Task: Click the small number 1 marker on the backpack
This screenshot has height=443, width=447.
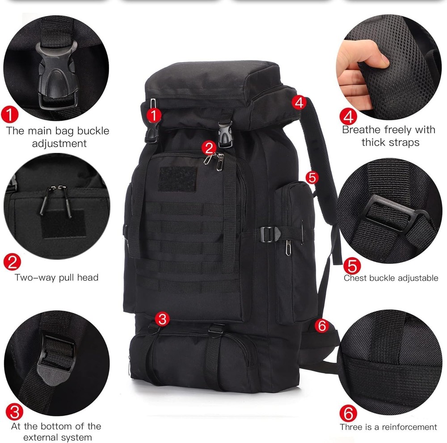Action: point(154,115)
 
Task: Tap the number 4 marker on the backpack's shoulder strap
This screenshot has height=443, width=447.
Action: point(299,102)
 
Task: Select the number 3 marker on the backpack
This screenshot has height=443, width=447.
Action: point(162,319)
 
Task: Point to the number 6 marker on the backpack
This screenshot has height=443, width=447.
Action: point(321,325)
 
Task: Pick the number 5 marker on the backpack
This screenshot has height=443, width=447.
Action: point(312,177)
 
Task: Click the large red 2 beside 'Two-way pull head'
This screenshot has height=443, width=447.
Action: point(12,262)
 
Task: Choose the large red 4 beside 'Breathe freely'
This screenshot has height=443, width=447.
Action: point(349,117)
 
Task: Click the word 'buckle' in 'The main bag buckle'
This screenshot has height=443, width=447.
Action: point(93,131)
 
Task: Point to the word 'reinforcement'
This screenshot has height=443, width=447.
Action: point(407,427)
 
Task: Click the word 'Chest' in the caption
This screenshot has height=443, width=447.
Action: point(355,278)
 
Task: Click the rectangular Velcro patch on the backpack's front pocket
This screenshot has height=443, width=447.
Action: point(178,179)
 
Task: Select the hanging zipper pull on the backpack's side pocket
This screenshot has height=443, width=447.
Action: point(288,245)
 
